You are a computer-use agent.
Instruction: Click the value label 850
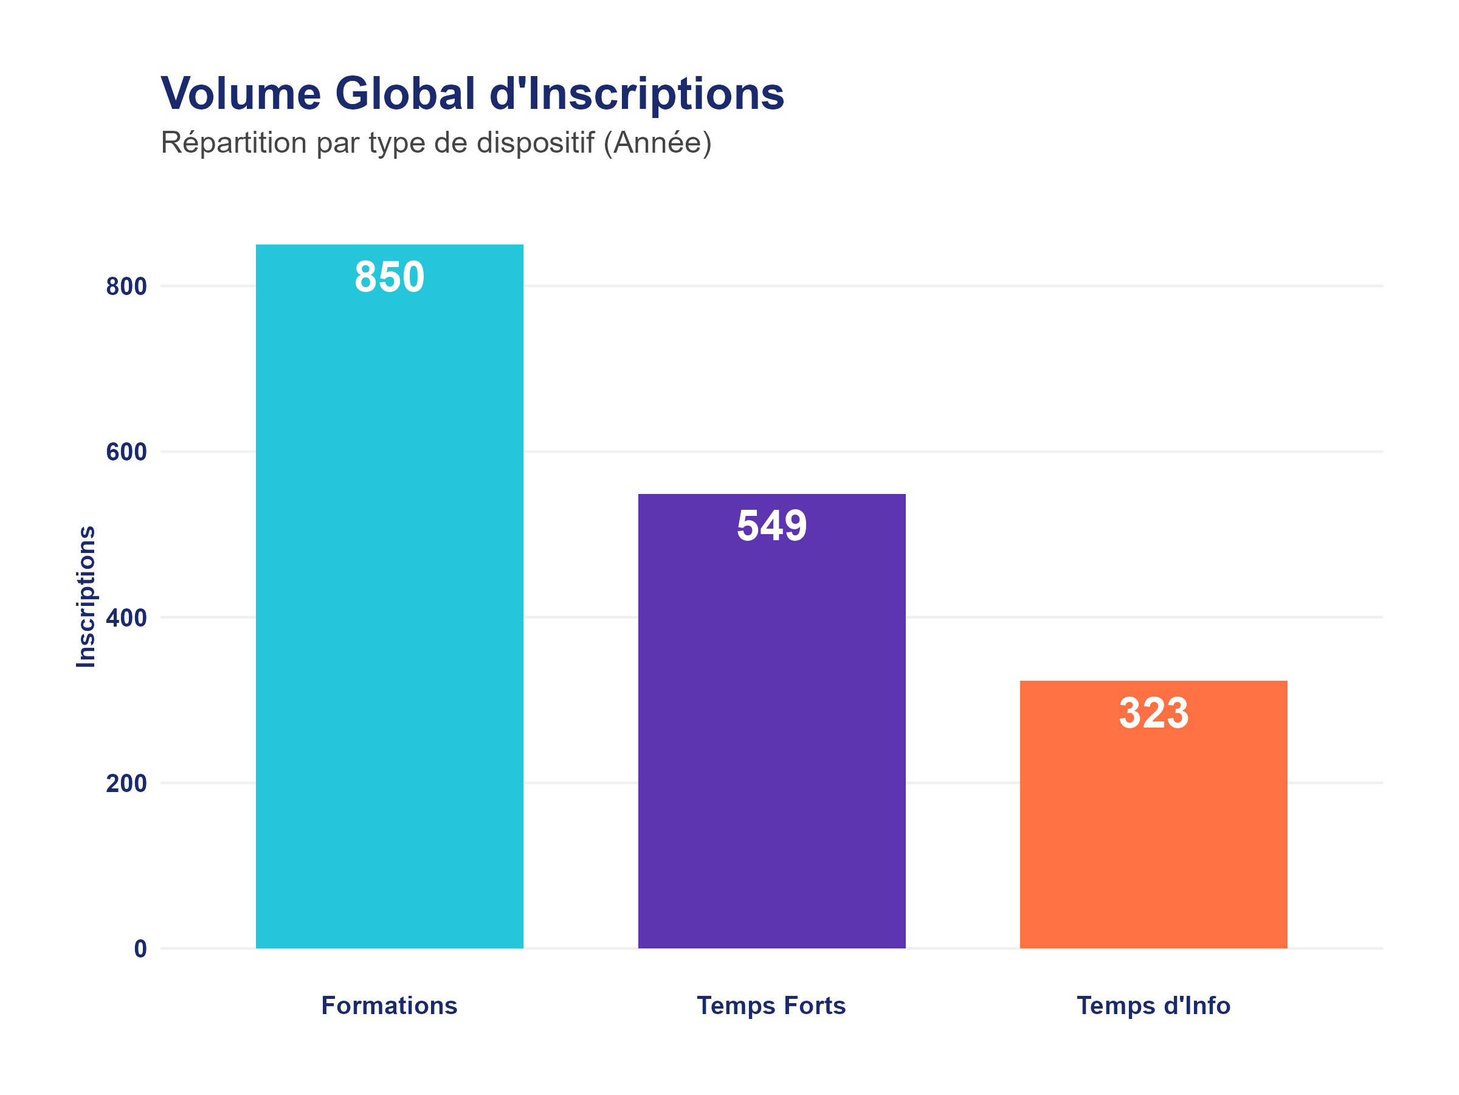point(389,277)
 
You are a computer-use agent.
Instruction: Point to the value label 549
point(771,526)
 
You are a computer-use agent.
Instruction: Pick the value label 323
point(1153,713)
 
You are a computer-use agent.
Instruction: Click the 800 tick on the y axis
point(126,287)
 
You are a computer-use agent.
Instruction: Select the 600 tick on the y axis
point(126,452)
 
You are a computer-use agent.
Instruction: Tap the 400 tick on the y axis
point(126,618)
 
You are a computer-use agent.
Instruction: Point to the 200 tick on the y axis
point(126,784)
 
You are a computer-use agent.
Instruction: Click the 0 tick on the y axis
point(140,949)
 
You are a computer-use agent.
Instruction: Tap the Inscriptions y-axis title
point(86,597)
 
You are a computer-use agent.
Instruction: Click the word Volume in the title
point(241,93)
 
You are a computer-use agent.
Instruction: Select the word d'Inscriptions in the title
point(636,93)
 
